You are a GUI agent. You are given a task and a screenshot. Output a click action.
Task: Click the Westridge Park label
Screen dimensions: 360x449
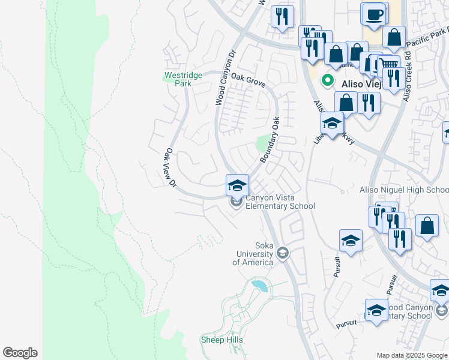(x=179, y=80)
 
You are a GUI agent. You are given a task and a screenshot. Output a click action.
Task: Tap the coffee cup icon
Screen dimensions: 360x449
(x=373, y=14)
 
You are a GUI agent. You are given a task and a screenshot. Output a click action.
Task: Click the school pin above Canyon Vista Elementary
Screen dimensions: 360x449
(x=237, y=184)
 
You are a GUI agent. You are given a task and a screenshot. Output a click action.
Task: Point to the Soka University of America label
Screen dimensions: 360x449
(x=253, y=254)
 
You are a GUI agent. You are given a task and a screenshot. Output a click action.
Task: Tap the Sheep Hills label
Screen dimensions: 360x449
(x=221, y=340)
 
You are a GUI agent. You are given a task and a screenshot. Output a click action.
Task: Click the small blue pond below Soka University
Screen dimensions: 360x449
(x=260, y=284)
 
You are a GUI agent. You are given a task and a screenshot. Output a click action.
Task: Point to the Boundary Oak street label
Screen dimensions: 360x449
(x=270, y=139)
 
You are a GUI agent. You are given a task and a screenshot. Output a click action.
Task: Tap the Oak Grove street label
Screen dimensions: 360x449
(x=248, y=78)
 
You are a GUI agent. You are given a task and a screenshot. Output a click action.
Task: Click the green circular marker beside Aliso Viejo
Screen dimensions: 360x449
(x=328, y=79)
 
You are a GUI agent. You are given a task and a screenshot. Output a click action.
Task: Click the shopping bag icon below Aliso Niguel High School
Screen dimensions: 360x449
(x=427, y=226)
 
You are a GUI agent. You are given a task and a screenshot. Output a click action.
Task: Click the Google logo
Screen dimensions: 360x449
(x=20, y=353)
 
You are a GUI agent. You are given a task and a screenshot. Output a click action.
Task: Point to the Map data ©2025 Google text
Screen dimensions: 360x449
(x=412, y=355)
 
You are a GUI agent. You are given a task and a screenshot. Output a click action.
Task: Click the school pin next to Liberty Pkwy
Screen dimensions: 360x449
(x=331, y=124)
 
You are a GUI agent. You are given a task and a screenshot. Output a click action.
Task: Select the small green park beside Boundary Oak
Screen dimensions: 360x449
(x=262, y=143)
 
